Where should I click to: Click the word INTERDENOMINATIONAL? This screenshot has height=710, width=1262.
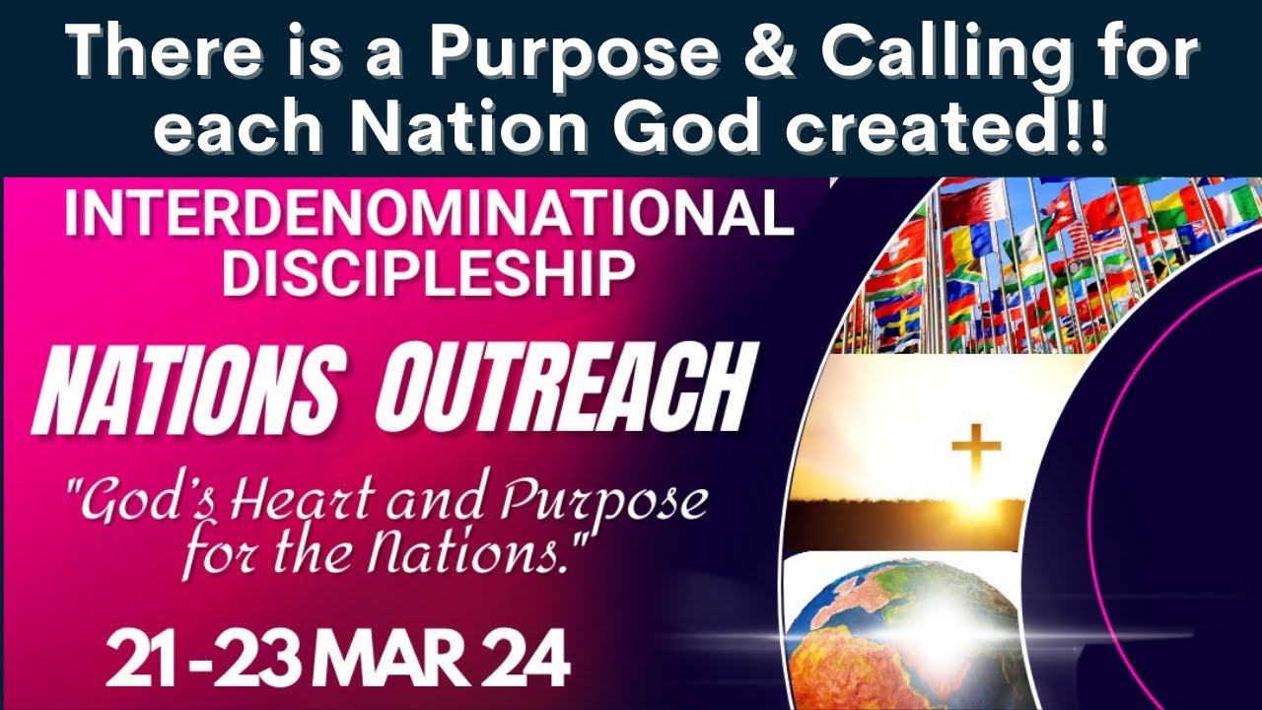click(x=429, y=214)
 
